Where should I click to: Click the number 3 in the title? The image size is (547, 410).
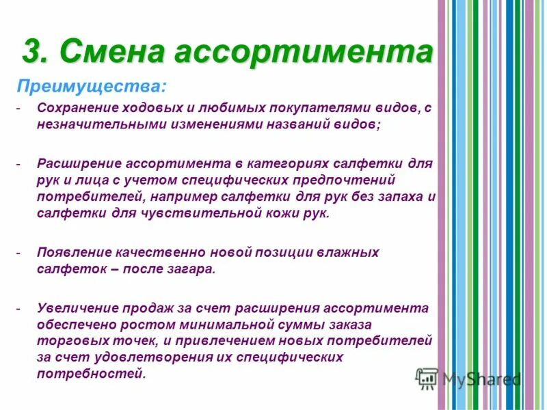pyautogui.click(x=32, y=51)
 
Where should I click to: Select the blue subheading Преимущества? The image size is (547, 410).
pyautogui.click(x=90, y=87)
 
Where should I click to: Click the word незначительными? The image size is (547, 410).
pyautogui.click(x=96, y=125)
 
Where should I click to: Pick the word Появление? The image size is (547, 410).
pyautogui.click(x=75, y=252)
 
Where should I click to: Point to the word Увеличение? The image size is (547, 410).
pyautogui.click(x=77, y=308)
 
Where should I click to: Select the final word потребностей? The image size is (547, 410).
pyautogui.click(x=90, y=374)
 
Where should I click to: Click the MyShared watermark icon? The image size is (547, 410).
pyautogui.click(x=427, y=379)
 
